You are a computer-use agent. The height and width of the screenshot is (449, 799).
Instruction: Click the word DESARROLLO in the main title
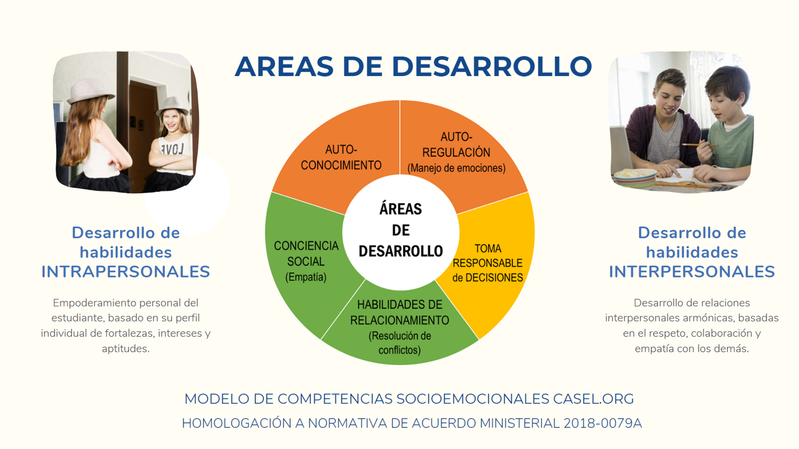coord(492,67)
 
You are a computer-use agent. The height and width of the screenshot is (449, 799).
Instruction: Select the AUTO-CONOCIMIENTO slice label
coord(341,157)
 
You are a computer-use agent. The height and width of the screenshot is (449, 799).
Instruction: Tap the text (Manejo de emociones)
coord(456,168)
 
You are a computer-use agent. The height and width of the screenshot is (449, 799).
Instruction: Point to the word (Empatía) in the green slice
coord(306,278)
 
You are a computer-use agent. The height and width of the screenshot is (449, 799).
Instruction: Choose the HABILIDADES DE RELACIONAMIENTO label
coord(399,312)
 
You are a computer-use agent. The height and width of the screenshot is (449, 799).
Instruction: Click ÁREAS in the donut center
coord(401,209)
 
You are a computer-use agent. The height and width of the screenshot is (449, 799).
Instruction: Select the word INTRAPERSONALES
coord(125,271)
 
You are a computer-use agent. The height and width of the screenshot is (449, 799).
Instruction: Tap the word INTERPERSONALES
coord(692,271)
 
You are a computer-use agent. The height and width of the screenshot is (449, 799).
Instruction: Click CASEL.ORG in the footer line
coord(594,398)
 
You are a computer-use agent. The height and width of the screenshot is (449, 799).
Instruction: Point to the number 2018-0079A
coord(603,423)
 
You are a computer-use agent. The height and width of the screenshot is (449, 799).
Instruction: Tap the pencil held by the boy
coord(700,145)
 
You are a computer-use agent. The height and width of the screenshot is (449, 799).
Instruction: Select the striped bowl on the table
coord(635,178)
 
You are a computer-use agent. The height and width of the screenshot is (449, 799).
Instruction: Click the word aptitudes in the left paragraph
coord(125,349)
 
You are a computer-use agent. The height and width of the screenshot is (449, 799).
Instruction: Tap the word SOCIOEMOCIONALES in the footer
coord(473,398)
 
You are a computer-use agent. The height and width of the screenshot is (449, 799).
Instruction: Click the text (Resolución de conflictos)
coord(399,343)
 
